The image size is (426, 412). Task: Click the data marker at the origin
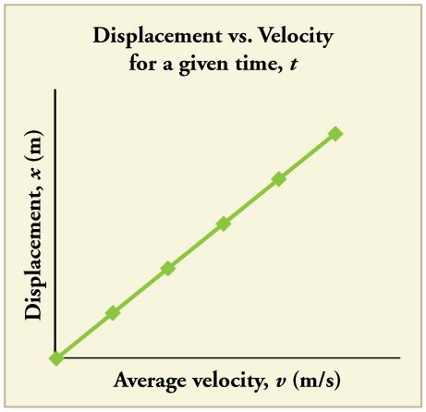56,358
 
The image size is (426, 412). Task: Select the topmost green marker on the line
335,134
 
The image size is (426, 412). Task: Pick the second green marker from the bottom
113,313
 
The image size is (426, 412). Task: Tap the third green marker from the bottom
168,269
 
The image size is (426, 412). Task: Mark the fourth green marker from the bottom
224,224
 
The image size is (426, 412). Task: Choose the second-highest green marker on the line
279,179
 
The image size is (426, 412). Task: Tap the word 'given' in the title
190,67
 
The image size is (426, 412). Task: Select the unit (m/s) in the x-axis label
310,382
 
